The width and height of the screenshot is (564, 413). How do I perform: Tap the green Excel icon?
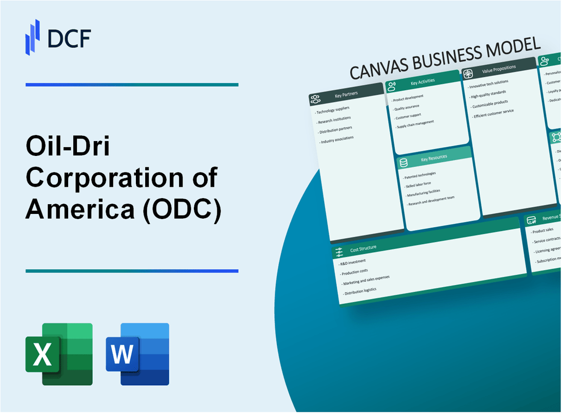click(59, 354)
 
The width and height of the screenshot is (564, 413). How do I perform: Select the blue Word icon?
click(137, 354)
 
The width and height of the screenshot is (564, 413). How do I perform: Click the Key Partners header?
click(346, 94)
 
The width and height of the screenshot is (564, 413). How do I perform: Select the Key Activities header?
click(422, 82)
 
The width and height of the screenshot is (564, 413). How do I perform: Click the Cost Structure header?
click(363, 248)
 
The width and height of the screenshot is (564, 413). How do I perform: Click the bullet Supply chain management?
click(414, 124)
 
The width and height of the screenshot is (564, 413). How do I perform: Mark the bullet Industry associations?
click(338, 139)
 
